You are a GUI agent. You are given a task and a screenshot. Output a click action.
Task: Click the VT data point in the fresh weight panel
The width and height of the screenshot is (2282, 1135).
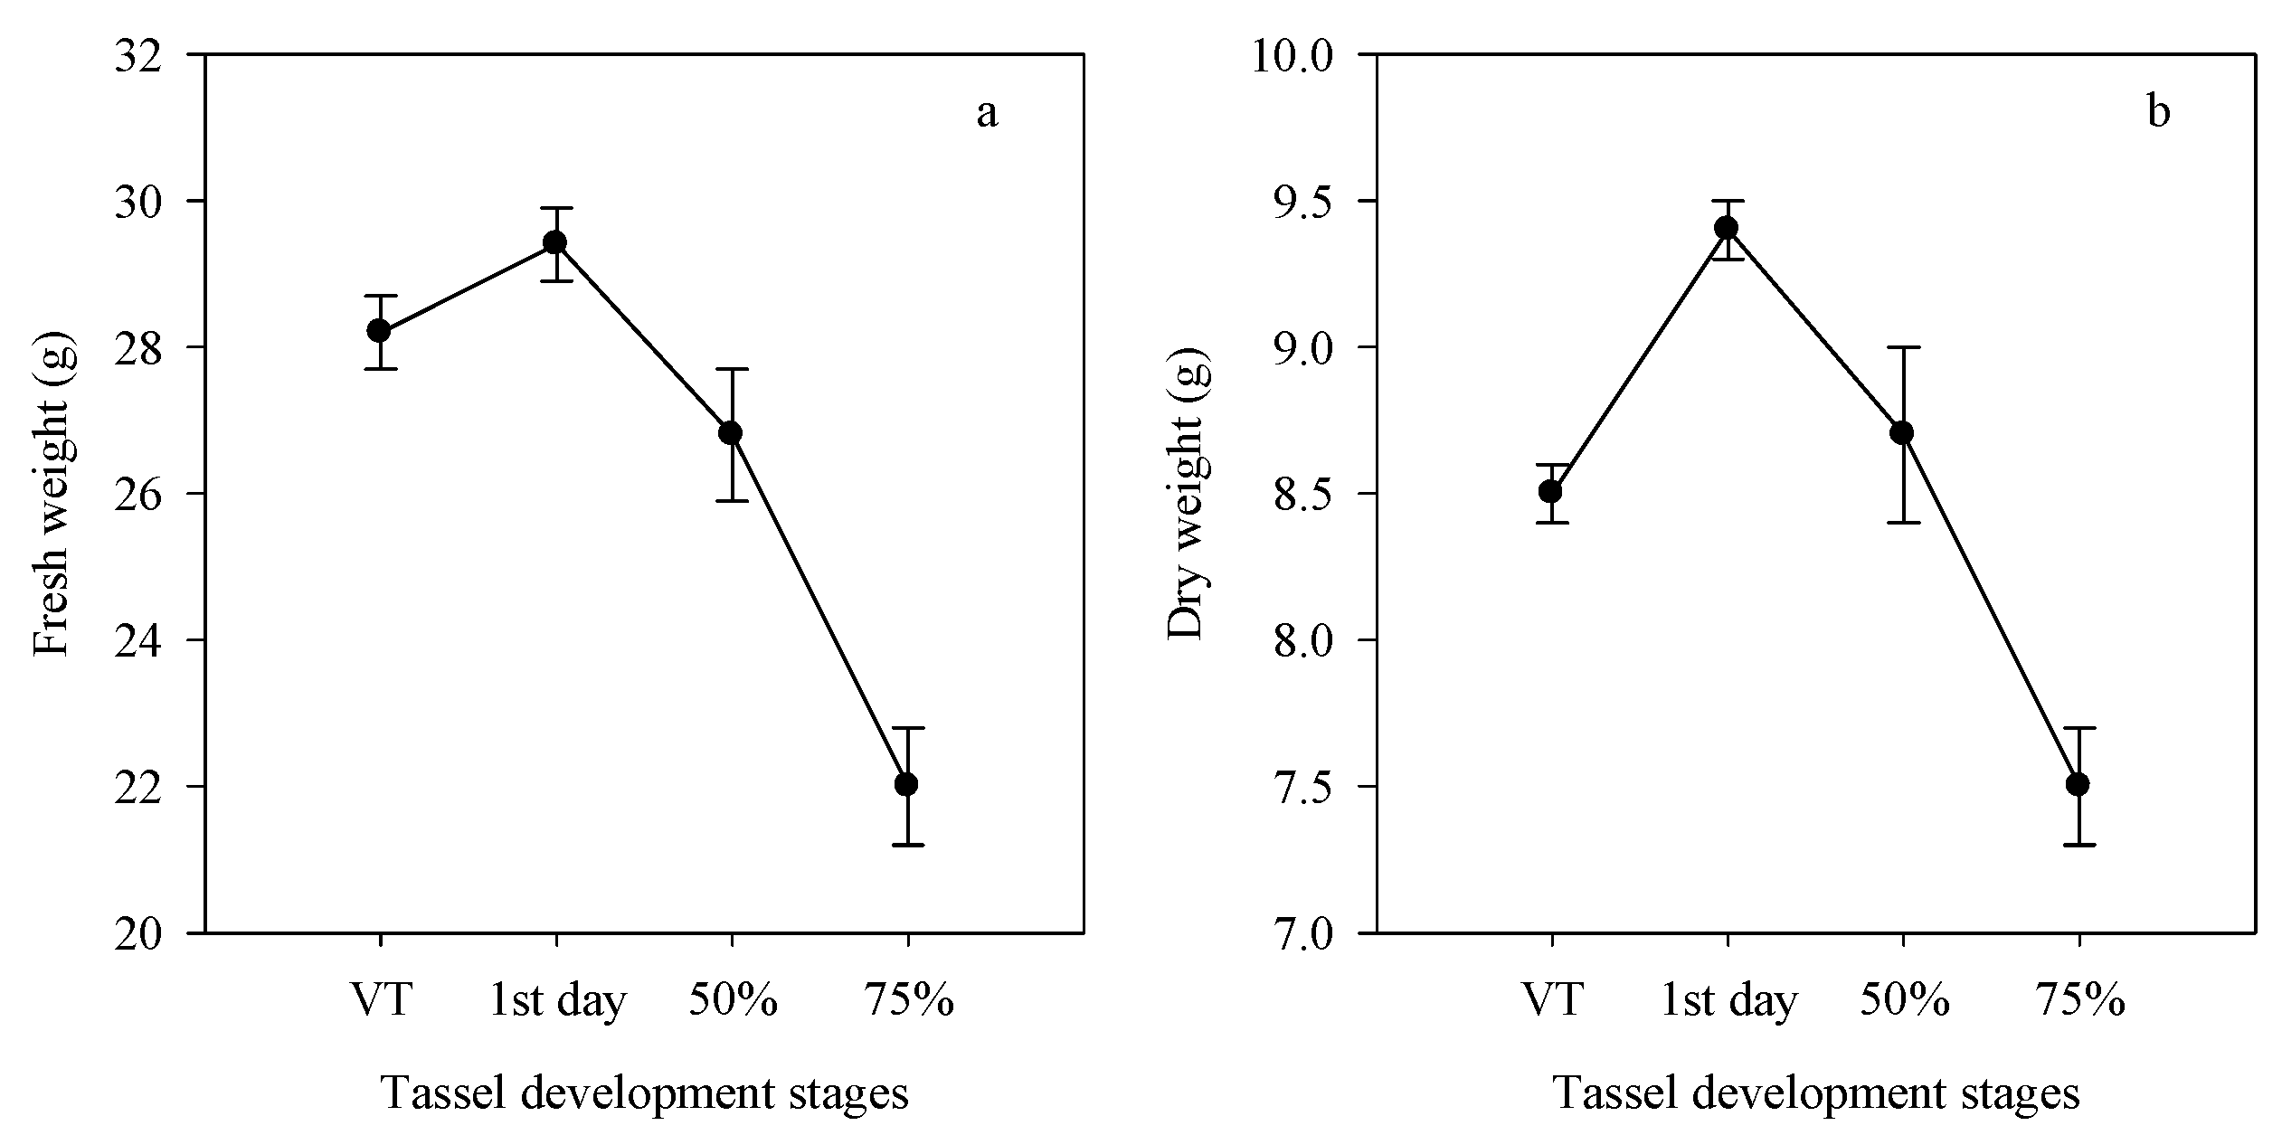coord(379,331)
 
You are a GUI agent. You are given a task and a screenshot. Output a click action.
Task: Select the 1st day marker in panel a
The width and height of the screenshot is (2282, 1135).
coord(555,242)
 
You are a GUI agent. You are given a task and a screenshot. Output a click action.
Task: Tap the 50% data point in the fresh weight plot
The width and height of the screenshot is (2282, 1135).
coord(731,433)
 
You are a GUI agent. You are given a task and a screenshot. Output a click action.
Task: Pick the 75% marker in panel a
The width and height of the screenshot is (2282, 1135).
coord(906,784)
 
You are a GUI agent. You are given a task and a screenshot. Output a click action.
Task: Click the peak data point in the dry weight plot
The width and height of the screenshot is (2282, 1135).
coord(1727,228)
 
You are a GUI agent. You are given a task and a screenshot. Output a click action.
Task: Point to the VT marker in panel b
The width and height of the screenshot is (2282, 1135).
coord(1550,492)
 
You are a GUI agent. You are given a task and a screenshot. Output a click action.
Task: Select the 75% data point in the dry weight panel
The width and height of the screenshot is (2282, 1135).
coord(2078,784)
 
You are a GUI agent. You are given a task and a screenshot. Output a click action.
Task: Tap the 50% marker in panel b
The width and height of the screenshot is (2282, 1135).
coord(1902,433)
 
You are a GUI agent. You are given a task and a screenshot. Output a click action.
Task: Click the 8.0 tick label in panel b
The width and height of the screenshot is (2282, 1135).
coord(1295,641)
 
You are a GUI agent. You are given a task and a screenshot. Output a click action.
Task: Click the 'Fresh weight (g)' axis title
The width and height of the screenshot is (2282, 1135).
coord(52,494)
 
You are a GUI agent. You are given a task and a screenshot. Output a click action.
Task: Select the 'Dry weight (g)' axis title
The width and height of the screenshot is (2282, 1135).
coord(1187,494)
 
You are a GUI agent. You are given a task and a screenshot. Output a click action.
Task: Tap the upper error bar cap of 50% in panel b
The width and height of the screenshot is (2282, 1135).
coord(1902,347)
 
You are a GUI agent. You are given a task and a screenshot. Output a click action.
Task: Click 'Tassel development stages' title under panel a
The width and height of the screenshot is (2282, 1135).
coord(644,1093)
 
